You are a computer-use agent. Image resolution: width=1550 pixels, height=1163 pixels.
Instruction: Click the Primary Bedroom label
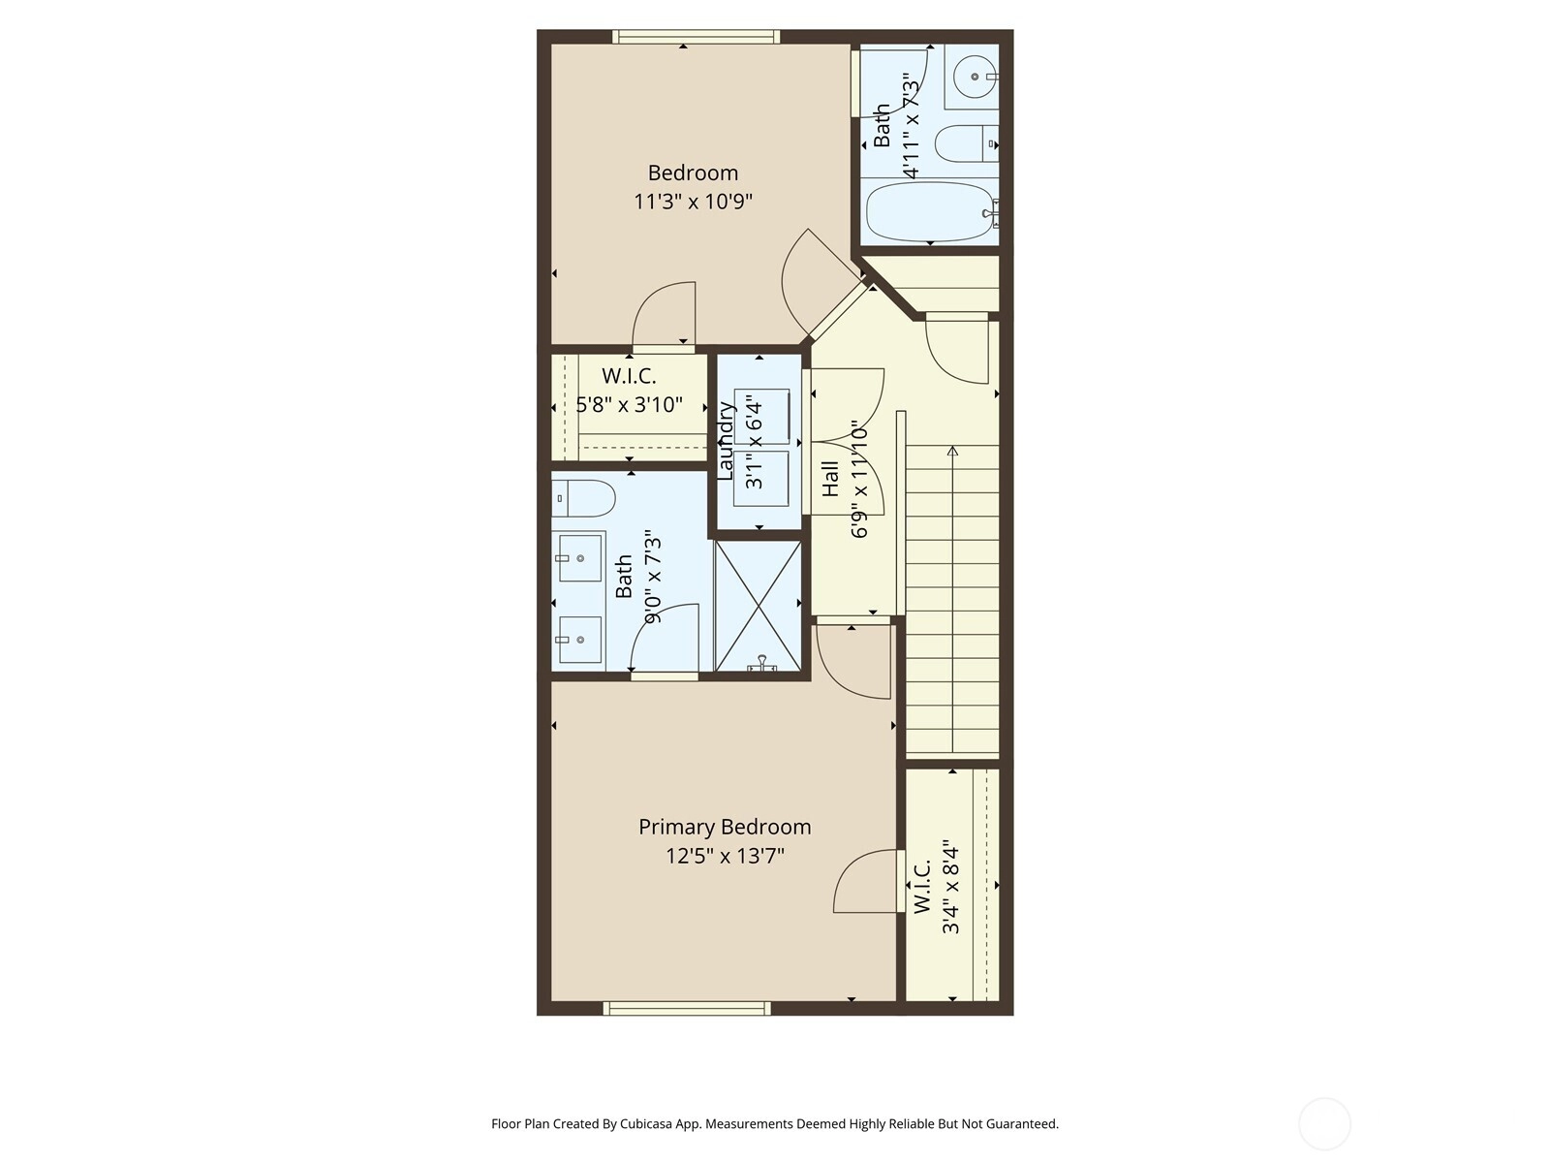click(725, 828)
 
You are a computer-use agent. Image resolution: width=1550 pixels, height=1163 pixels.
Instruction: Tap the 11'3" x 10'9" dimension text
click(693, 202)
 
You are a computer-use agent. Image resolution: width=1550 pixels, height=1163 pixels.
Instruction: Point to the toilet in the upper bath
click(967, 144)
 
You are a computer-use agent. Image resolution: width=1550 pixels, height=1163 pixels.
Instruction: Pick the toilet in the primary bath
click(583, 498)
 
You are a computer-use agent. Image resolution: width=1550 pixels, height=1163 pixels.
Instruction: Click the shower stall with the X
click(759, 606)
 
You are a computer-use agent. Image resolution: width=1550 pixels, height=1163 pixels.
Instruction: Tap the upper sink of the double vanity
click(580, 558)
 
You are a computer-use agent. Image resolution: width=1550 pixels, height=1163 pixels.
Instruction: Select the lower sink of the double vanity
click(580, 640)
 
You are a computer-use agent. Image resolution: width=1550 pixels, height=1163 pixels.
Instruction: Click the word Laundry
click(726, 441)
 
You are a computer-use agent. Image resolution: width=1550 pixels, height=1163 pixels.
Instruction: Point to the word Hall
click(831, 479)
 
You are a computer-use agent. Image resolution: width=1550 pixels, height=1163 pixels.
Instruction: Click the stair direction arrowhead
click(952, 450)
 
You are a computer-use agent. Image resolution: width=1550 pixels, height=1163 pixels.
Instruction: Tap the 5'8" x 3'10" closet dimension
click(629, 404)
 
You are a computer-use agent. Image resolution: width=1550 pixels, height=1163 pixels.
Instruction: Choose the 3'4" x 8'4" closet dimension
click(950, 887)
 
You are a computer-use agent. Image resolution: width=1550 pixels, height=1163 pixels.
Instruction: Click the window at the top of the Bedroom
click(697, 37)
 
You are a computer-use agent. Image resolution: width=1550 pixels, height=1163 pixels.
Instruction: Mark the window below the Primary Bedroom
click(687, 1008)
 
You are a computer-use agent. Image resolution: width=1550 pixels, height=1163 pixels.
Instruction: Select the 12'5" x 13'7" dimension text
click(726, 857)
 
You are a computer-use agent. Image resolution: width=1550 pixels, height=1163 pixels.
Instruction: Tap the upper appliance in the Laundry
click(762, 417)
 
